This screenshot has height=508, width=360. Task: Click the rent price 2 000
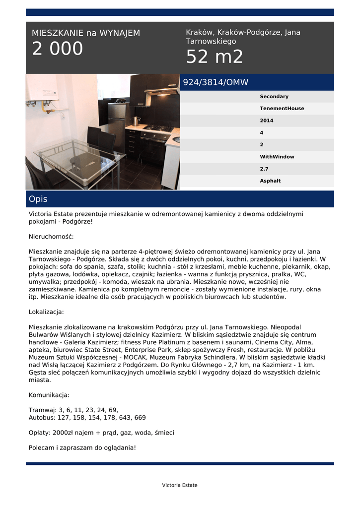58,49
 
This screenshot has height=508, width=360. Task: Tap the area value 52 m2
215,57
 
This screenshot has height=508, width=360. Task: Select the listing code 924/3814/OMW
216,82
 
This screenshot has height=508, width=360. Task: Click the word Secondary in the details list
274,97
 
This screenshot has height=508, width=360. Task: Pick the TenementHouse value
282,109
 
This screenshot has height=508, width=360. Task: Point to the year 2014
267,121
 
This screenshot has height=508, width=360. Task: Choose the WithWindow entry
277,157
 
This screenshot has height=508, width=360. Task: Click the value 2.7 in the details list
264,169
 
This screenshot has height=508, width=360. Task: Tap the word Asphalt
270,181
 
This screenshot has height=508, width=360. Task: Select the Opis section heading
38,199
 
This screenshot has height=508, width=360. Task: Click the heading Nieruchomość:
51,237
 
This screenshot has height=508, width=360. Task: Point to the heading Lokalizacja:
47,312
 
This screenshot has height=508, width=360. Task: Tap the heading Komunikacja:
49,395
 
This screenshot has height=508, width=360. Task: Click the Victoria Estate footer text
180,485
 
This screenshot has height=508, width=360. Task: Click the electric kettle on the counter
136,121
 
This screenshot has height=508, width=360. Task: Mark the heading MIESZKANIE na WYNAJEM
86,33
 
